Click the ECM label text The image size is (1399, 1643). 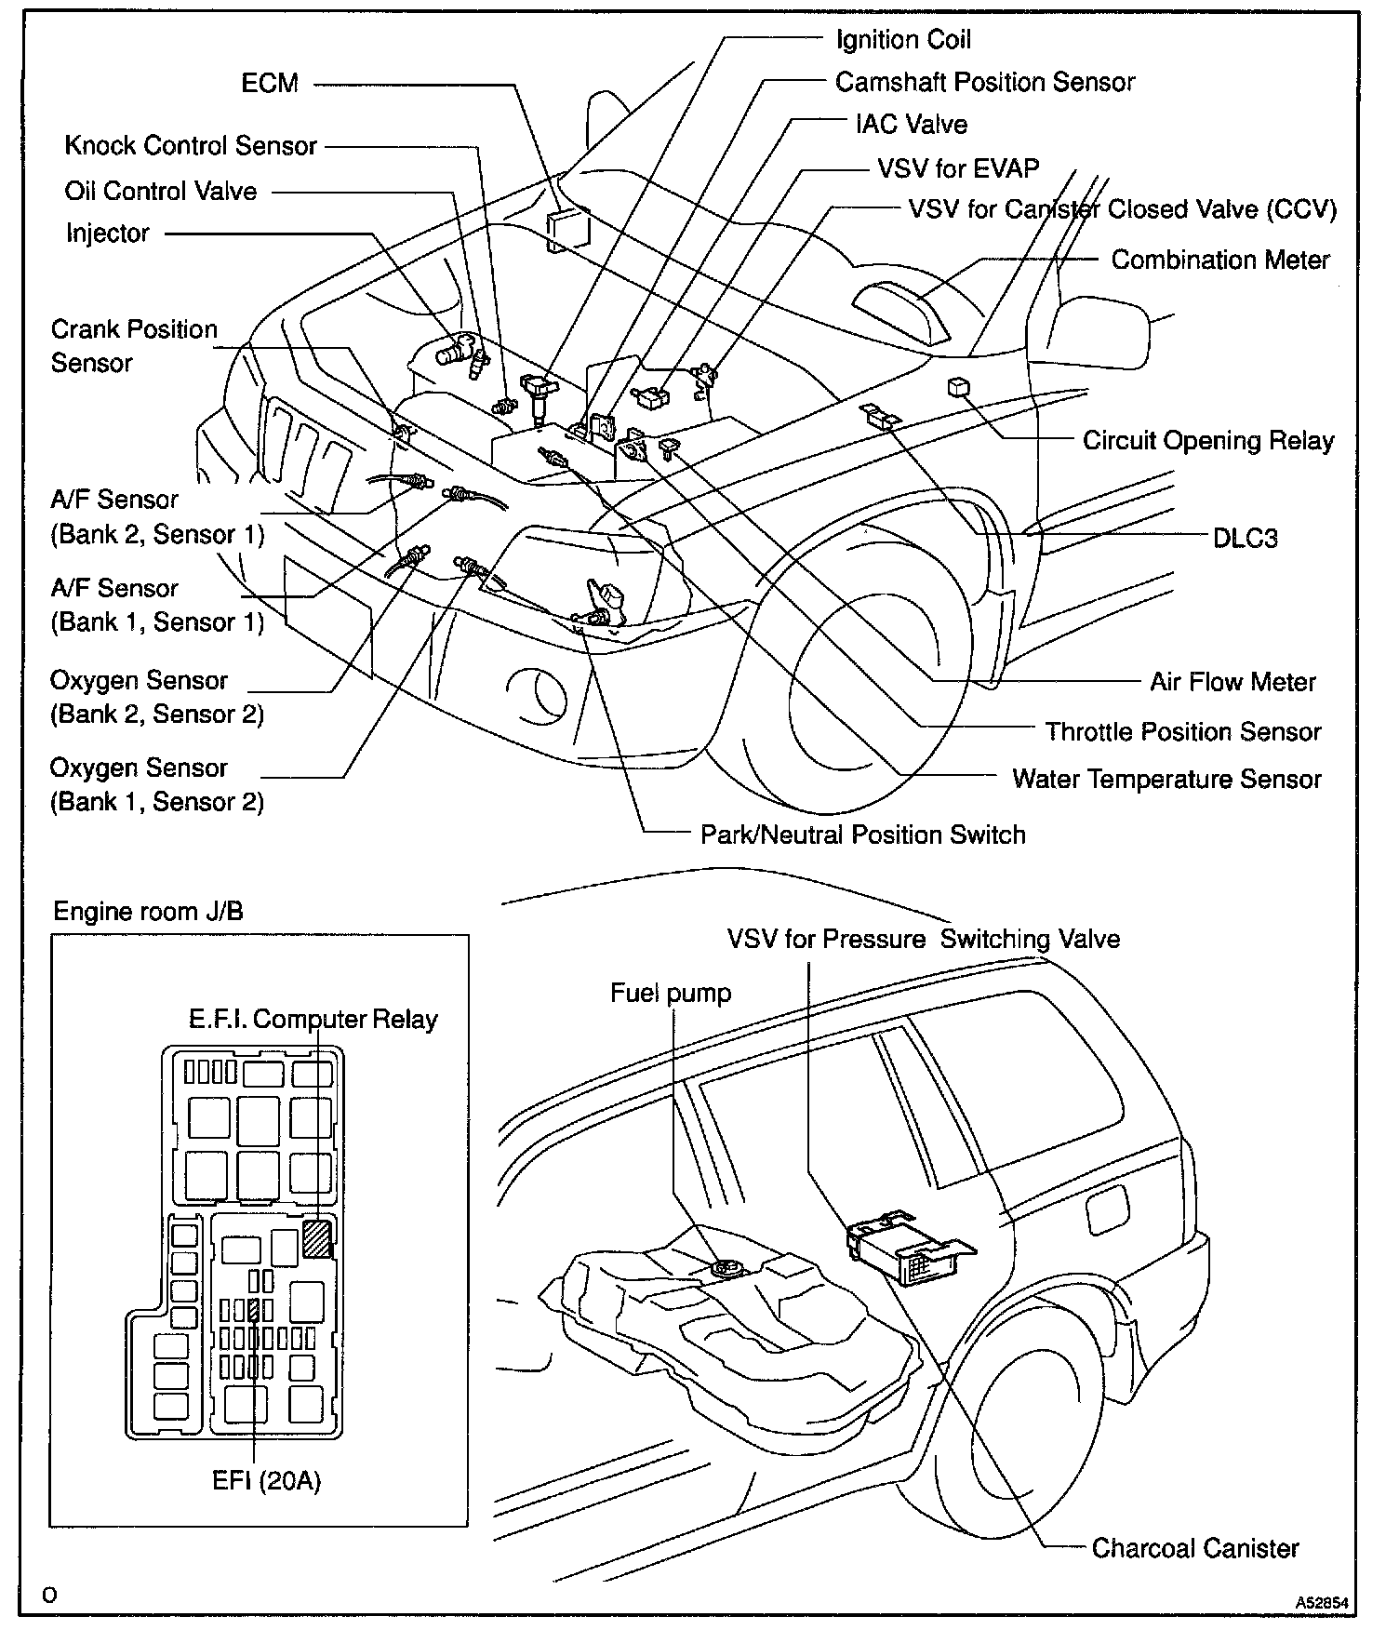coord(270,83)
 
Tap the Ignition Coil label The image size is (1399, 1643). coord(903,39)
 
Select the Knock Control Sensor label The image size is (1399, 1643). coord(191,146)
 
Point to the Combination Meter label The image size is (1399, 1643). coord(1220,260)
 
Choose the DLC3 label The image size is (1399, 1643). coord(1245,538)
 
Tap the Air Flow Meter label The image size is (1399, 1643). coord(1232,682)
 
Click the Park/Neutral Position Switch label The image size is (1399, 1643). coord(862,834)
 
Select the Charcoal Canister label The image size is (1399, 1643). coord(1195,1548)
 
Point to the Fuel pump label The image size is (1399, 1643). coord(671,994)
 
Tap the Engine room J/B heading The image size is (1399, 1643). coord(148,911)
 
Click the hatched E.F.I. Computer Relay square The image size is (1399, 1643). coord(317,1239)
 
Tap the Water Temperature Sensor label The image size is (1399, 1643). coord(1166,779)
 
